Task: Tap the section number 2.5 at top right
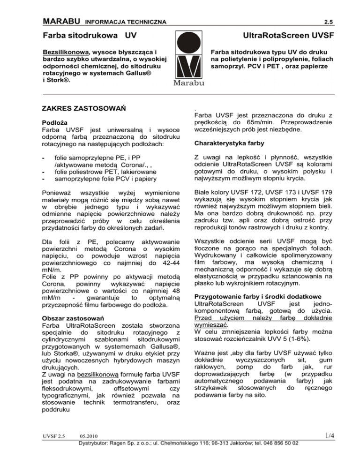pos(329,22)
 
